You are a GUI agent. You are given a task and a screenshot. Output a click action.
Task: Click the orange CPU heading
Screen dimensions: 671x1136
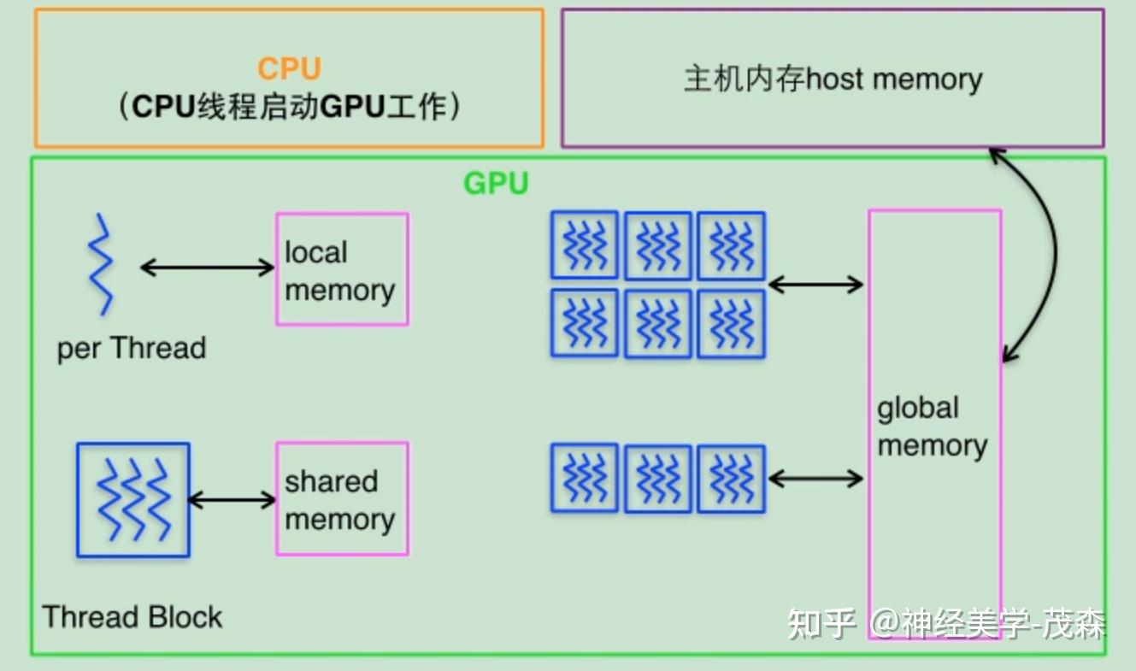click(289, 69)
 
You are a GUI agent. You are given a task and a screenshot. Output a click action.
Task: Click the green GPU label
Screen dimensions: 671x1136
click(496, 183)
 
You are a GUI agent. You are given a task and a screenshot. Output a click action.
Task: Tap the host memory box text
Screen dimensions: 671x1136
click(833, 79)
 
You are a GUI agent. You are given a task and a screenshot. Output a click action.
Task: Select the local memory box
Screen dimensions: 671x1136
click(341, 269)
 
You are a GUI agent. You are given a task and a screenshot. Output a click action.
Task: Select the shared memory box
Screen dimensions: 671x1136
click(341, 499)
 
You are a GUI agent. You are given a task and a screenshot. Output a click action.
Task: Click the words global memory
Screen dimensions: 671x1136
click(932, 427)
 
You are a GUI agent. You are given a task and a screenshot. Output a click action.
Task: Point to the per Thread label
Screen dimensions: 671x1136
click(132, 349)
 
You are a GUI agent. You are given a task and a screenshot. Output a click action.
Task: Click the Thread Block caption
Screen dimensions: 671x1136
click(132, 616)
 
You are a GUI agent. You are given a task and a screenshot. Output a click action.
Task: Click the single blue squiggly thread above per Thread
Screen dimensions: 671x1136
click(102, 264)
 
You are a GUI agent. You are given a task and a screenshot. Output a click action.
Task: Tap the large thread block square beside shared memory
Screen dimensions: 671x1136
click(132, 500)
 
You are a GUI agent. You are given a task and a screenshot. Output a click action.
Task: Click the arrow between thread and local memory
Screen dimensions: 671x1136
click(206, 268)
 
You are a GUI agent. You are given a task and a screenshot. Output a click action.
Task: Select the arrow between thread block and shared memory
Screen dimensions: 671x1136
click(232, 499)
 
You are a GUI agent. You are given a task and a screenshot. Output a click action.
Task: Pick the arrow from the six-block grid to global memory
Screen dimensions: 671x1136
click(816, 284)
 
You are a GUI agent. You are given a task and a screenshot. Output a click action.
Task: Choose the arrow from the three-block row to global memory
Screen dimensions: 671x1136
click(816, 478)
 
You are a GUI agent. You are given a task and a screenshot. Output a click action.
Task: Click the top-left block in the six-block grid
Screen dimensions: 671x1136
click(584, 244)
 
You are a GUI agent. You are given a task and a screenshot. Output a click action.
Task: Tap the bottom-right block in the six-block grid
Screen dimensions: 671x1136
click(731, 323)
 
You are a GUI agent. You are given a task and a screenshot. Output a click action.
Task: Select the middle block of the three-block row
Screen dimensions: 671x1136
click(657, 478)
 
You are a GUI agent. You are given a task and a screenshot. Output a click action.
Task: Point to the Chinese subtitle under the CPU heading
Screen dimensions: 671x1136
click(289, 107)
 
